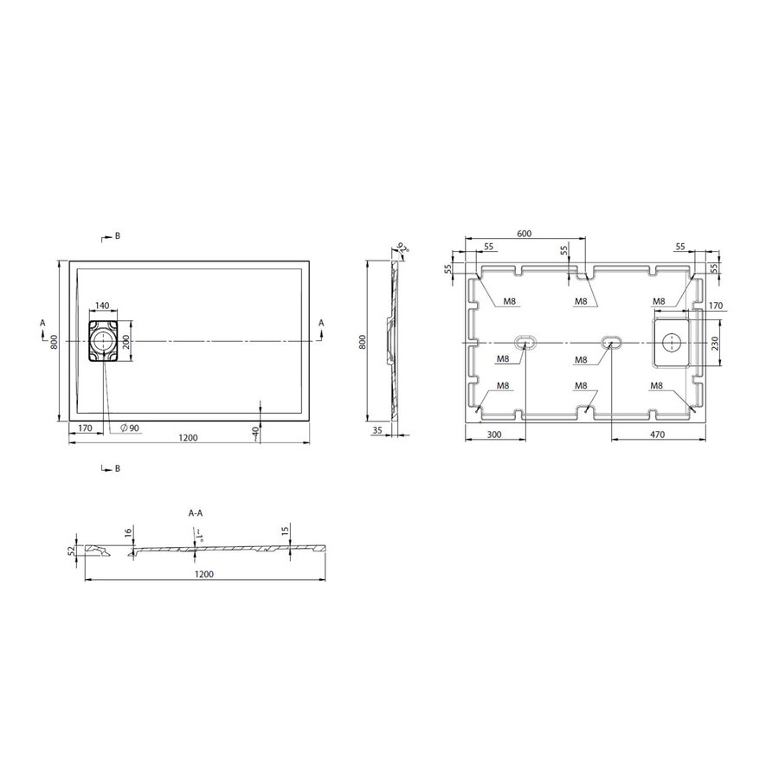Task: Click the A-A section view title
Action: point(196,513)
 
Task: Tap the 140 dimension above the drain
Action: point(102,306)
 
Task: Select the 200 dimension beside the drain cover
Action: point(126,341)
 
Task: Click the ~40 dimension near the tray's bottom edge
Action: point(255,433)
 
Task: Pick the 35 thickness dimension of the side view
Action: point(377,428)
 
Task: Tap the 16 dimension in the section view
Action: point(127,532)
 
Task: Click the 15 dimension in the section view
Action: point(285,531)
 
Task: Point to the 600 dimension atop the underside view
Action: point(524,234)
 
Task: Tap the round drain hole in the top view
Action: point(103,341)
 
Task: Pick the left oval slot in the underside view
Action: point(525,341)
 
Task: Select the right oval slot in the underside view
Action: point(612,341)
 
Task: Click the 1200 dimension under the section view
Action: point(203,574)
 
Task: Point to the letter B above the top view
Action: point(117,235)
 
